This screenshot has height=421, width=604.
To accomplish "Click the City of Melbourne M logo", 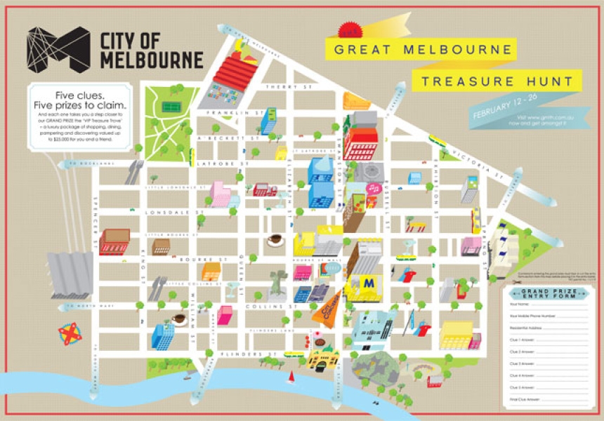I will pyautogui.click(x=58, y=49).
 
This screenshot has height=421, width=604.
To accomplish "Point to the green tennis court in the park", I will pyautogui.click(x=170, y=107).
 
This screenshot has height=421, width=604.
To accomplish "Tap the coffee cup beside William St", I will pyautogui.click(x=178, y=319).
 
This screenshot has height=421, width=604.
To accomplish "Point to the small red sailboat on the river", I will pyautogui.click(x=291, y=377).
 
